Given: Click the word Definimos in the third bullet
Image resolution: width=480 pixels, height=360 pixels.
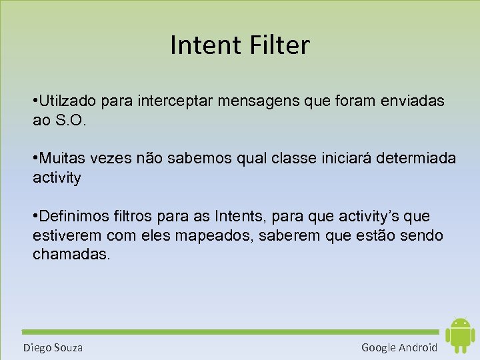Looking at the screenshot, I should pos(77,217).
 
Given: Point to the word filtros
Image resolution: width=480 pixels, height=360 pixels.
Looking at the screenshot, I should pos(137,217).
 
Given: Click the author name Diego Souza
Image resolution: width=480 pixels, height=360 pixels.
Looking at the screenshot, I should pos(53,347).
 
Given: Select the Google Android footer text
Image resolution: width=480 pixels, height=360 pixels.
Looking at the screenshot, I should pos(399,347).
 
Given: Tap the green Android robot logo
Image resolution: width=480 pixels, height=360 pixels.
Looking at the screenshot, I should pos(459,335).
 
